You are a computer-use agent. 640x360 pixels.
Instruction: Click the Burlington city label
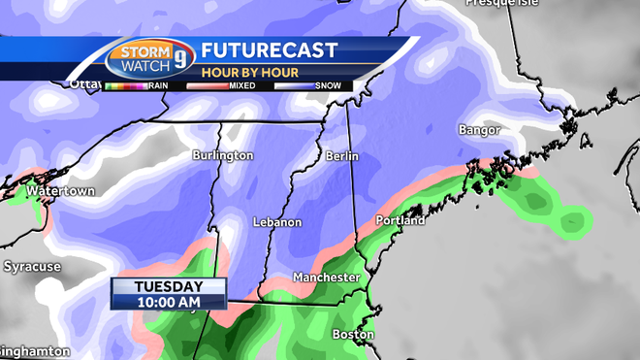pyautogui.click(x=222, y=155)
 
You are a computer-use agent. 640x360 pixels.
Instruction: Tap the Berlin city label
pyautogui.click(x=342, y=156)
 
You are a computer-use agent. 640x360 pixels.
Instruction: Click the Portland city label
pyautogui.click(x=400, y=221)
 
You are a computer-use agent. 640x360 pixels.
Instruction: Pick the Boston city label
pyautogui.click(x=353, y=335)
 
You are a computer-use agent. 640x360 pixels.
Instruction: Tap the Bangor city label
pyautogui.click(x=480, y=130)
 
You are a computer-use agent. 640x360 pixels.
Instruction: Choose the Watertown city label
pyautogui.click(x=60, y=191)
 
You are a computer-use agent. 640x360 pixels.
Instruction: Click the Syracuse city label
pyautogui.click(x=32, y=266)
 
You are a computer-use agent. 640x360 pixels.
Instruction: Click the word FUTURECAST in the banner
pyautogui.click(x=270, y=50)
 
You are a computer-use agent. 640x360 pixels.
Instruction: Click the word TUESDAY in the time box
pyautogui.click(x=169, y=286)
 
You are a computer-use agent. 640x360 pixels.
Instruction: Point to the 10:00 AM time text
pyautogui.click(x=169, y=303)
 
